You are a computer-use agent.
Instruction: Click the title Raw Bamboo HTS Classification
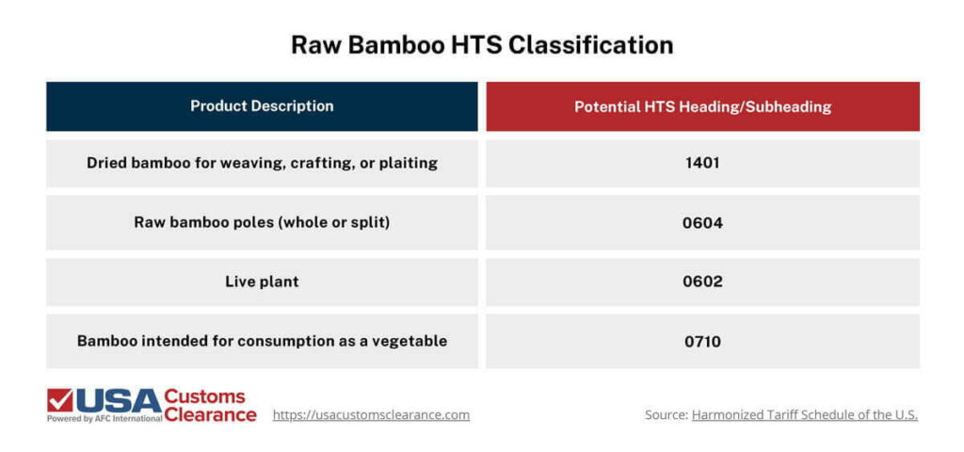coord(481,45)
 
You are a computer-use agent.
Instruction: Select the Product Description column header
coord(262,106)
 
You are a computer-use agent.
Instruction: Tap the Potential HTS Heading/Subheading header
coord(702,106)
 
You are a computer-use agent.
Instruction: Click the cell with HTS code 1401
coord(702,163)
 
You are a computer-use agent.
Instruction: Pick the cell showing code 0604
coord(702,223)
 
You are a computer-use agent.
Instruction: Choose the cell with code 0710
coord(702,341)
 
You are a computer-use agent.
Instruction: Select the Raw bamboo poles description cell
coord(262,223)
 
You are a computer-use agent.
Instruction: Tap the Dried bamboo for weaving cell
coord(262,163)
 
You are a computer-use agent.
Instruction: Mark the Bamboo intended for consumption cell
coord(262,341)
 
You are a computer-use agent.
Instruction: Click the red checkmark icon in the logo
coord(59,401)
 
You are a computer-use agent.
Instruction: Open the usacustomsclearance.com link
coord(371,414)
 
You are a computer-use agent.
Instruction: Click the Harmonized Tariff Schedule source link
coord(804,414)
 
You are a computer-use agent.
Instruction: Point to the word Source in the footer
coord(665,414)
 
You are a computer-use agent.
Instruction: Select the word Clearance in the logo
coord(210,414)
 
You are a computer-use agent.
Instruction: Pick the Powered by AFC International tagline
coord(104,418)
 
